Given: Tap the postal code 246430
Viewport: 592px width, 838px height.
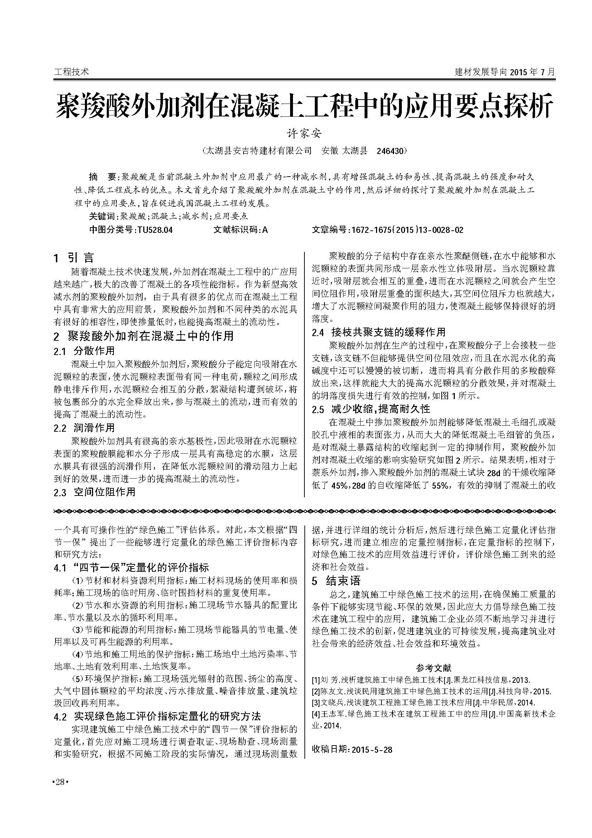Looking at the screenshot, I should tap(390, 151).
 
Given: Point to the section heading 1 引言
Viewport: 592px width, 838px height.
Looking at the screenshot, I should tap(74, 258).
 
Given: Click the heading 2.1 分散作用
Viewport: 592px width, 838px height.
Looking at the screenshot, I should tap(84, 351).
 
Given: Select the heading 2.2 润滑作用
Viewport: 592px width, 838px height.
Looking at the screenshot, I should tap(84, 428).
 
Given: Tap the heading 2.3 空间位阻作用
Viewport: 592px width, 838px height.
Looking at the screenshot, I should tap(95, 492).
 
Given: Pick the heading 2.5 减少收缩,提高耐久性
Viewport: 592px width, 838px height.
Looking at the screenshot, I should tap(371, 409).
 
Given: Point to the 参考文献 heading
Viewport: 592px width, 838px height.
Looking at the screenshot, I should tap(434, 668).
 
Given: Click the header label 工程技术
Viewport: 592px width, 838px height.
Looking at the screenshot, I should tap(71, 72).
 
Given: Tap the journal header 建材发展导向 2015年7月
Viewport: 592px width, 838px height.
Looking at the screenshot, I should tap(505, 72).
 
